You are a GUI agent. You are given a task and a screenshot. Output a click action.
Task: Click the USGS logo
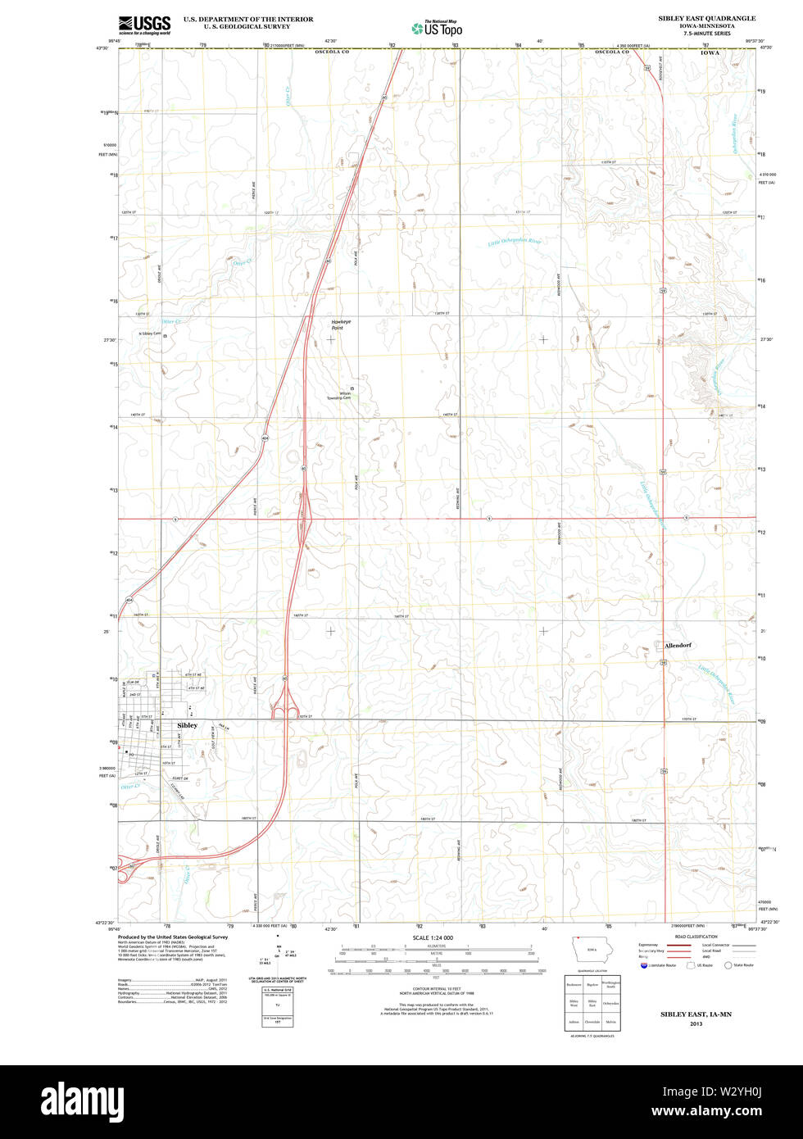pyautogui.click(x=144, y=24)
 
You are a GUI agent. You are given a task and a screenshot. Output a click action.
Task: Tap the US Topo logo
pyautogui.click(x=437, y=28)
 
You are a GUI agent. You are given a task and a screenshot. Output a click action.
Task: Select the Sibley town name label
pyautogui.click(x=188, y=725)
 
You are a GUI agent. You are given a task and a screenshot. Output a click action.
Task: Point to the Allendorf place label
pyautogui.click(x=678, y=645)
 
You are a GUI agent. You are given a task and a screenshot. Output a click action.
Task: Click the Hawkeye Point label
pyautogui.click(x=342, y=324)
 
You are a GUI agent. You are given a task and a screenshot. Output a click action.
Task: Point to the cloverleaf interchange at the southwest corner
pyautogui.click(x=127, y=874)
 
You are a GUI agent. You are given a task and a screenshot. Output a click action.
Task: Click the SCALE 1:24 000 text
pyautogui.click(x=433, y=937)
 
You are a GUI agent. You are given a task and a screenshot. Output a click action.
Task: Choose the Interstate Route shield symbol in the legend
pyautogui.click(x=644, y=965)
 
